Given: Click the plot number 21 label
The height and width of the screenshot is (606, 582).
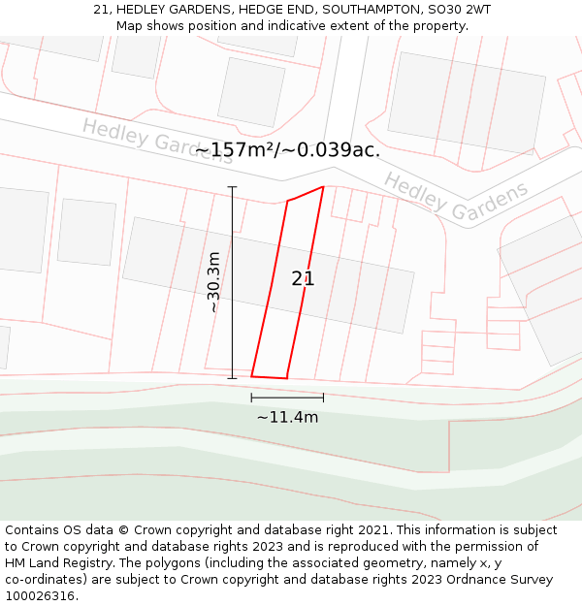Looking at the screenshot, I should tap(303, 279).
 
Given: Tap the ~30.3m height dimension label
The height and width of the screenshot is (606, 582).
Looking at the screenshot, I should tap(213, 282).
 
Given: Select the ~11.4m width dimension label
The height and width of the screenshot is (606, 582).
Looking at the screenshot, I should tap(287, 417).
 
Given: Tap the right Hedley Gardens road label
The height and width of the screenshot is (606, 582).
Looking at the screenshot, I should tap(456, 196).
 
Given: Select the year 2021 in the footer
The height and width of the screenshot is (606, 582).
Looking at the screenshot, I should tap(372, 529).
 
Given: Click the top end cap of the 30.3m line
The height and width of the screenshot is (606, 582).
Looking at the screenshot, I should tap(232, 187).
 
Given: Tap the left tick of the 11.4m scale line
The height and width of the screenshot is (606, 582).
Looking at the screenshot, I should tap(251, 398).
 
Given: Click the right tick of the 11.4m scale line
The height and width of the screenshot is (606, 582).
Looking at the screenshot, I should tap(323, 398).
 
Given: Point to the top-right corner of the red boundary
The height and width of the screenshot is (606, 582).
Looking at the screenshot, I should tap(323, 187).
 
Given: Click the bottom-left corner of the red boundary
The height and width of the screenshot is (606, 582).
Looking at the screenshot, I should tap(251, 376).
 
